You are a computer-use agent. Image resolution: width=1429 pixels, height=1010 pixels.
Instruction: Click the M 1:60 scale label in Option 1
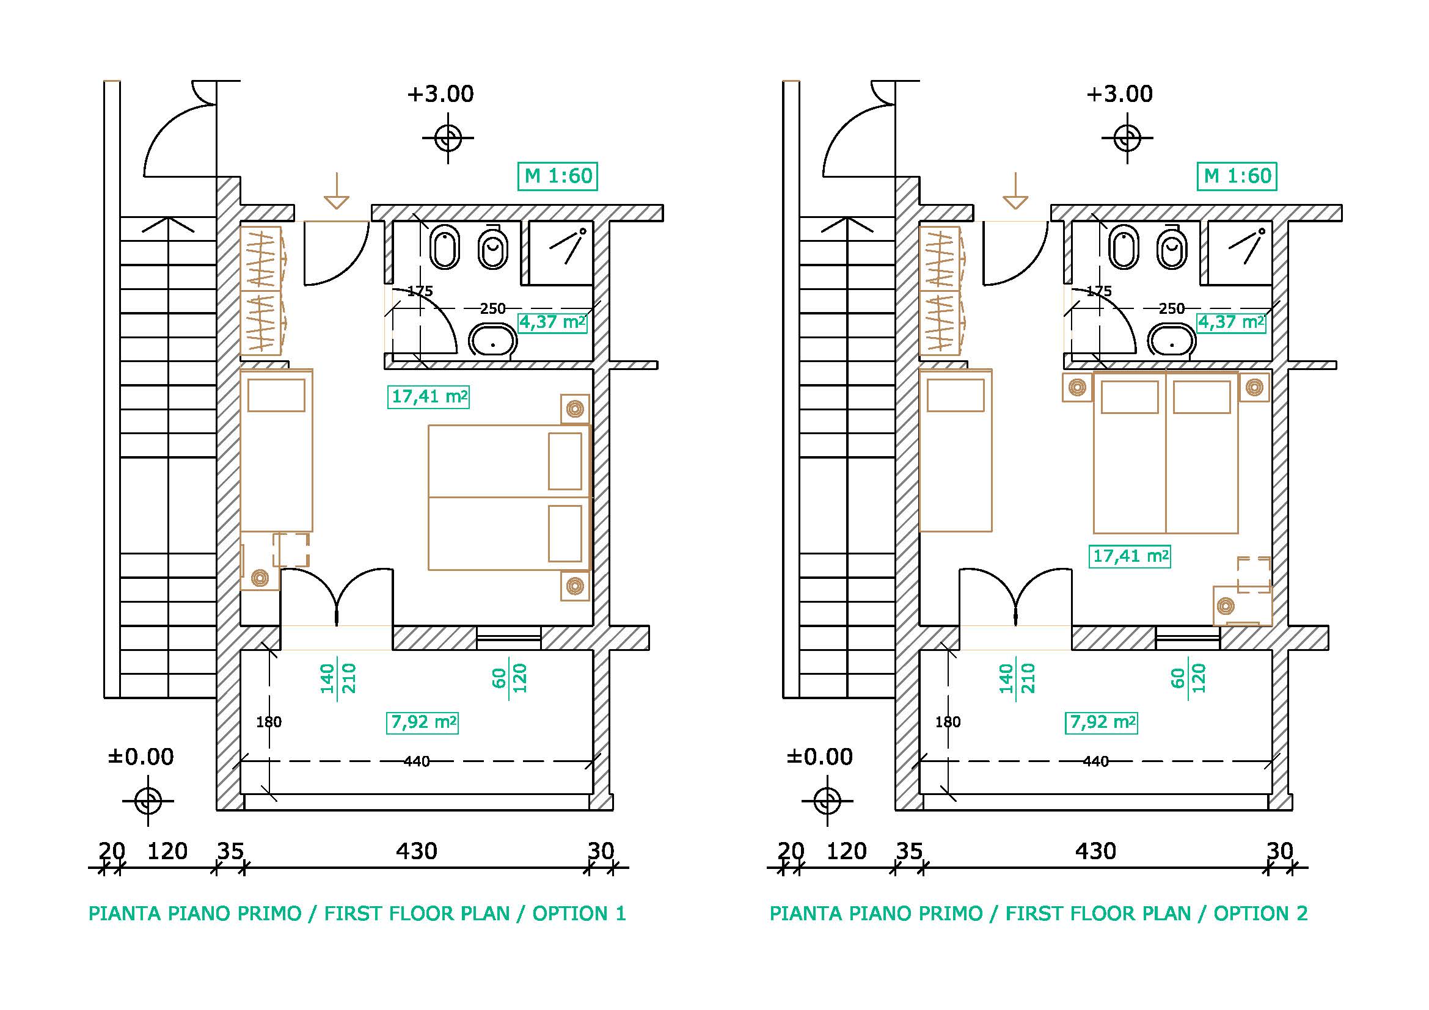tap(558, 176)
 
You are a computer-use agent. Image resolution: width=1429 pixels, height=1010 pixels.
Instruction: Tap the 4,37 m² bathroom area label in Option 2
tap(1232, 322)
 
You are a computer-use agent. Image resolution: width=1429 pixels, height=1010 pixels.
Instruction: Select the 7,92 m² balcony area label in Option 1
tap(423, 722)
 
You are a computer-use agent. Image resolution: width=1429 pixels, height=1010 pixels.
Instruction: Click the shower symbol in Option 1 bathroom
tap(568, 245)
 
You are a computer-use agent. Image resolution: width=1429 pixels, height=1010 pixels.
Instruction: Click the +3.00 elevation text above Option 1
tap(440, 95)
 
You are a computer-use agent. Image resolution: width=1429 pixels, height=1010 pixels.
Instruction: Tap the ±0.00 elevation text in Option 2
tap(819, 757)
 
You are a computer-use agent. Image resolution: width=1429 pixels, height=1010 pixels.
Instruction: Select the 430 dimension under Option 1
tap(417, 851)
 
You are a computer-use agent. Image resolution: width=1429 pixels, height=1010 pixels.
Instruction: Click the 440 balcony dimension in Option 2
tap(1095, 761)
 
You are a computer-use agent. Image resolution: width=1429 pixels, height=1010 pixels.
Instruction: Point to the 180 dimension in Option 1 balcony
tap(269, 722)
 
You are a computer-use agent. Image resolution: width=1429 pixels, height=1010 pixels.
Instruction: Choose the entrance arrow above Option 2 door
tap(1015, 191)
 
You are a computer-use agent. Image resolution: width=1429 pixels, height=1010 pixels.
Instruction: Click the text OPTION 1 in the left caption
tap(579, 914)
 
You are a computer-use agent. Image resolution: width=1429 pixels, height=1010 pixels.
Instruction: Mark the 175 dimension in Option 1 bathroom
tap(420, 291)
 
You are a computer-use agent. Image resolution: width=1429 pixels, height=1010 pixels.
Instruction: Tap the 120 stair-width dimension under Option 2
tap(846, 851)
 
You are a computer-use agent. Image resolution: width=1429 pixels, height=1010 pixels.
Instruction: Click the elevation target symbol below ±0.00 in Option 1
tap(148, 801)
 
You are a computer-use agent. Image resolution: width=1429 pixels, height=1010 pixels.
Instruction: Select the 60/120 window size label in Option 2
tap(1188, 678)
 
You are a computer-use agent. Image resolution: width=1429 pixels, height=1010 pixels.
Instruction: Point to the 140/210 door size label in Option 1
tap(337, 678)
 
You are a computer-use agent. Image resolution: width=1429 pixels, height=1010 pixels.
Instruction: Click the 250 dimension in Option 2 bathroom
tap(1172, 308)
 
